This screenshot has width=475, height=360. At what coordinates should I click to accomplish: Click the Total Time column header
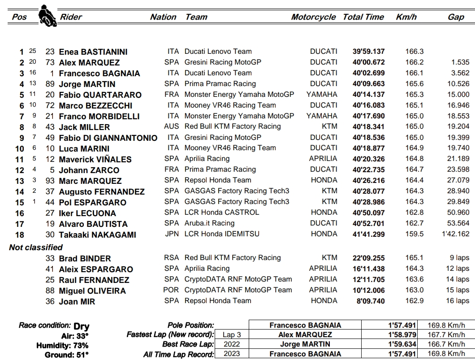point(363,17)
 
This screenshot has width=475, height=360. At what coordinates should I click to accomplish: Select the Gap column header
point(456,17)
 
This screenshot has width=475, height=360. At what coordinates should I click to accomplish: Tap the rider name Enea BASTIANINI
point(93,52)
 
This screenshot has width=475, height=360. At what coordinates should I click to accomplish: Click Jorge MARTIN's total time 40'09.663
point(368,84)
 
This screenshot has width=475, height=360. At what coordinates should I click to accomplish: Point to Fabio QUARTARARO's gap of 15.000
point(458,95)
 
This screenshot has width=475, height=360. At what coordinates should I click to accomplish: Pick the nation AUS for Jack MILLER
point(171,126)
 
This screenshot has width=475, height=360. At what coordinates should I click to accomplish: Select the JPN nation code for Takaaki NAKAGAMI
point(171,234)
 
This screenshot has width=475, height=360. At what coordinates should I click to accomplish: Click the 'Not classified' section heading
point(36,247)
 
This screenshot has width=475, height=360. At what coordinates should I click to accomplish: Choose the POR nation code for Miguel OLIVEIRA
point(171,290)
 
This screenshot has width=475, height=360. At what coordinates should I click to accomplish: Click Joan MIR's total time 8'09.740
point(370,301)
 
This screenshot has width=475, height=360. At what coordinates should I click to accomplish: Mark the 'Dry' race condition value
point(81,326)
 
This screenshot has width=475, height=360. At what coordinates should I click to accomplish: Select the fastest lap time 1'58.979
point(402,335)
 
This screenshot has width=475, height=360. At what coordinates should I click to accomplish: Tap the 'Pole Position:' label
point(190,325)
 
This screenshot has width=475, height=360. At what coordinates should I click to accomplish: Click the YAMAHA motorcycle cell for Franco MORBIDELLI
point(322,116)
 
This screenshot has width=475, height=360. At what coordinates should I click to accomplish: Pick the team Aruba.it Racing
point(209,223)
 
